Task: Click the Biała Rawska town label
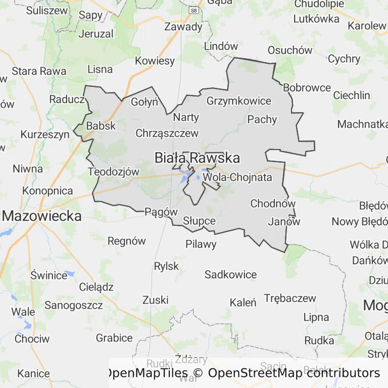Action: pyautogui.click(x=197, y=158)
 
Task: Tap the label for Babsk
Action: pyautogui.click(x=101, y=126)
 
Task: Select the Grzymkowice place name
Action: pyautogui.click(x=239, y=101)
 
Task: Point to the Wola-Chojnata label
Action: pyautogui.click(x=237, y=177)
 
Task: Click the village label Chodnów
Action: pyautogui.click(x=273, y=204)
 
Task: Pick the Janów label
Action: pyautogui.click(x=284, y=221)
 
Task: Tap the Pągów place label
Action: pyautogui.click(x=161, y=212)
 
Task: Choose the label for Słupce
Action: pyautogui.click(x=199, y=221)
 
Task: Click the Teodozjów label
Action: pyautogui.click(x=113, y=171)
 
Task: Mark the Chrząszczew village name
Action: pyautogui.click(x=167, y=133)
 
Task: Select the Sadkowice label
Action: pyautogui.click(x=230, y=275)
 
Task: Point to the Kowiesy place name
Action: pyautogui.click(x=155, y=61)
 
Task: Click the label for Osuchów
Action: pyautogui.click(x=290, y=50)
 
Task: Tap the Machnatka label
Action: pyautogui.click(x=362, y=124)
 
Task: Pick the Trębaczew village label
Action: pyautogui.click(x=289, y=298)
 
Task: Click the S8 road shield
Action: pyautogui.click(x=193, y=10)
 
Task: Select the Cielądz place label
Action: pyautogui.click(x=96, y=287)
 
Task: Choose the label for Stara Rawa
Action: pyautogui.click(x=39, y=71)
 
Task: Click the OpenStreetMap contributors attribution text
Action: pyautogui.click(x=294, y=373)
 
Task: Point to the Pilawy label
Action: pyautogui.click(x=201, y=245)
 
